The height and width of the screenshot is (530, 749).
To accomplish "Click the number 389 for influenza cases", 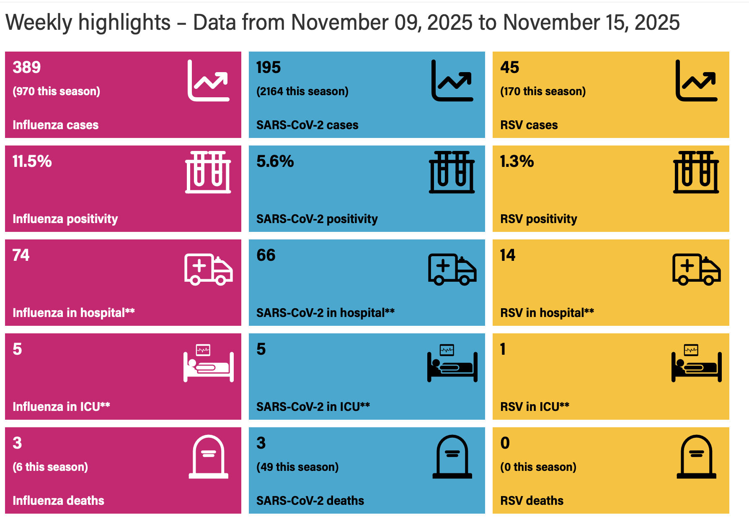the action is click(x=27, y=68).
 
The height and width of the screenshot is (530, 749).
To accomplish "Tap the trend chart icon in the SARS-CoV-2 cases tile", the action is click(x=452, y=81).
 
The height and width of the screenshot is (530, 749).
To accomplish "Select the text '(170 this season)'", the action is click(x=543, y=91).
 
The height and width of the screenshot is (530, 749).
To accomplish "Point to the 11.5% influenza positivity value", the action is click(x=32, y=161).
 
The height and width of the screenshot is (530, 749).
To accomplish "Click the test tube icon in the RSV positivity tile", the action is click(x=696, y=172).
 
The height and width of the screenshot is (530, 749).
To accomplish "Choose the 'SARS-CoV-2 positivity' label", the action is click(x=317, y=219).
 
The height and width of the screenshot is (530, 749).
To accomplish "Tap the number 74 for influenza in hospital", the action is click(x=21, y=255).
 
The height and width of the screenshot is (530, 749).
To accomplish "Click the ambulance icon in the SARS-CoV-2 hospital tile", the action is click(x=452, y=269).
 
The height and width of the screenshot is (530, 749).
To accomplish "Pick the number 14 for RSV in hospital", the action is click(x=508, y=255).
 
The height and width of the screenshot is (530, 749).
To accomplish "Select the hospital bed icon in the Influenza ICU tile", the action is click(x=209, y=363).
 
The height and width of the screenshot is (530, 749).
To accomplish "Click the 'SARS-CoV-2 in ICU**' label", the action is click(x=313, y=407).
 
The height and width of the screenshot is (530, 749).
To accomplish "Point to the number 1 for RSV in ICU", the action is click(x=503, y=349).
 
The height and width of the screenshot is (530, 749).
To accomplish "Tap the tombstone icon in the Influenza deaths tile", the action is click(x=209, y=457).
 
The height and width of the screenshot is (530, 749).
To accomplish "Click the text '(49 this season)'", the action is click(x=297, y=467).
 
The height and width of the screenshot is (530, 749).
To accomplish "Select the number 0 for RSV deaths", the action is click(x=505, y=443).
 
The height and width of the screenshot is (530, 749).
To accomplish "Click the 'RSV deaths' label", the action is click(x=532, y=501).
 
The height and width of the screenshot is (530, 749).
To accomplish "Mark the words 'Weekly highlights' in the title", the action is click(x=88, y=23).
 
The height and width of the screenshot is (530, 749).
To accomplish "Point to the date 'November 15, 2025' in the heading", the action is click(x=591, y=23).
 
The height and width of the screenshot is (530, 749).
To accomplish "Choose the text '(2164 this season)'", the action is click(x=302, y=91).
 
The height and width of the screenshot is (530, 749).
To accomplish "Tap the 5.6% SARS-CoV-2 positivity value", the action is click(x=275, y=161).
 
